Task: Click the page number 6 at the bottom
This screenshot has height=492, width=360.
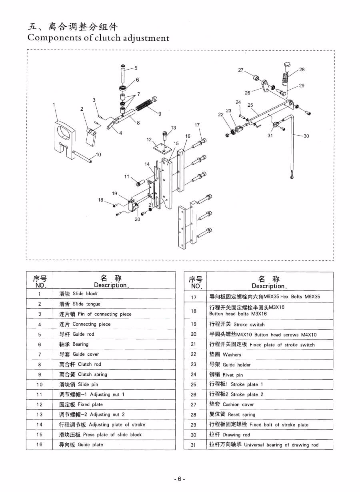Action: pyautogui.click(x=180, y=479)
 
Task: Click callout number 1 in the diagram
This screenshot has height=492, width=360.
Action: pyautogui.click(x=54, y=105)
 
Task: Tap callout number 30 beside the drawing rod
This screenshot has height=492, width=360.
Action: pyautogui.click(x=306, y=136)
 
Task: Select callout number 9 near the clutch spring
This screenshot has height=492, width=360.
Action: pyautogui.click(x=160, y=114)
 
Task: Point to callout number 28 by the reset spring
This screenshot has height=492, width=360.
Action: pyautogui.click(x=302, y=69)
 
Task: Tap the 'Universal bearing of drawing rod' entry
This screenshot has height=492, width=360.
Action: pyautogui.click(x=264, y=445)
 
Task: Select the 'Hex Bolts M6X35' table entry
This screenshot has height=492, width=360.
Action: pyautogui.click(x=265, y=297)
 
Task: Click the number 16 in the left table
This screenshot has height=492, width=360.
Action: pyautogui.click(x=39, y=444)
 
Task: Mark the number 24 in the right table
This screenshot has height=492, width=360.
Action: pyautogui.click(x=194, y=374)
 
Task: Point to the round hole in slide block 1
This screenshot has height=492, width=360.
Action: pyautogui.click(x=64, y=132)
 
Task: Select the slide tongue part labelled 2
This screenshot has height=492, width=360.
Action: pyautogui.click(x=92, y=136)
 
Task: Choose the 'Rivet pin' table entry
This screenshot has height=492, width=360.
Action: pyautogui.click(x=226, y=375)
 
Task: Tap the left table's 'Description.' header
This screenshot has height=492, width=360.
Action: pyautogui.click(x=111, y=285)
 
